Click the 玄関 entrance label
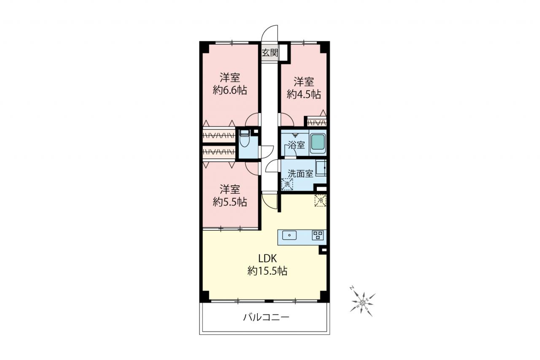click(x=270, y=53)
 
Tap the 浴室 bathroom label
click(x=297, y=145)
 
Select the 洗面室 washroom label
click(x=301, y=173)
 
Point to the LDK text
click(x=267, y=259)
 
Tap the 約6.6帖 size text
click(x=230, y=90)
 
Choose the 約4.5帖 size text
click(x=304, y=94)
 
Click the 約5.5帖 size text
click(x=230, y=202)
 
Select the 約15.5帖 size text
click(x=267, y=271)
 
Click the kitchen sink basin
click(x=289, y=235)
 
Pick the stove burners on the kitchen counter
click(x=318, y=235)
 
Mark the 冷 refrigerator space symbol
click(x=320, y=200)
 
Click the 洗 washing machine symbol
click(x=287, y=184)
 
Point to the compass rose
click(x=362, y=303)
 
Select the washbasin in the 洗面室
click(x=321, y=168)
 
